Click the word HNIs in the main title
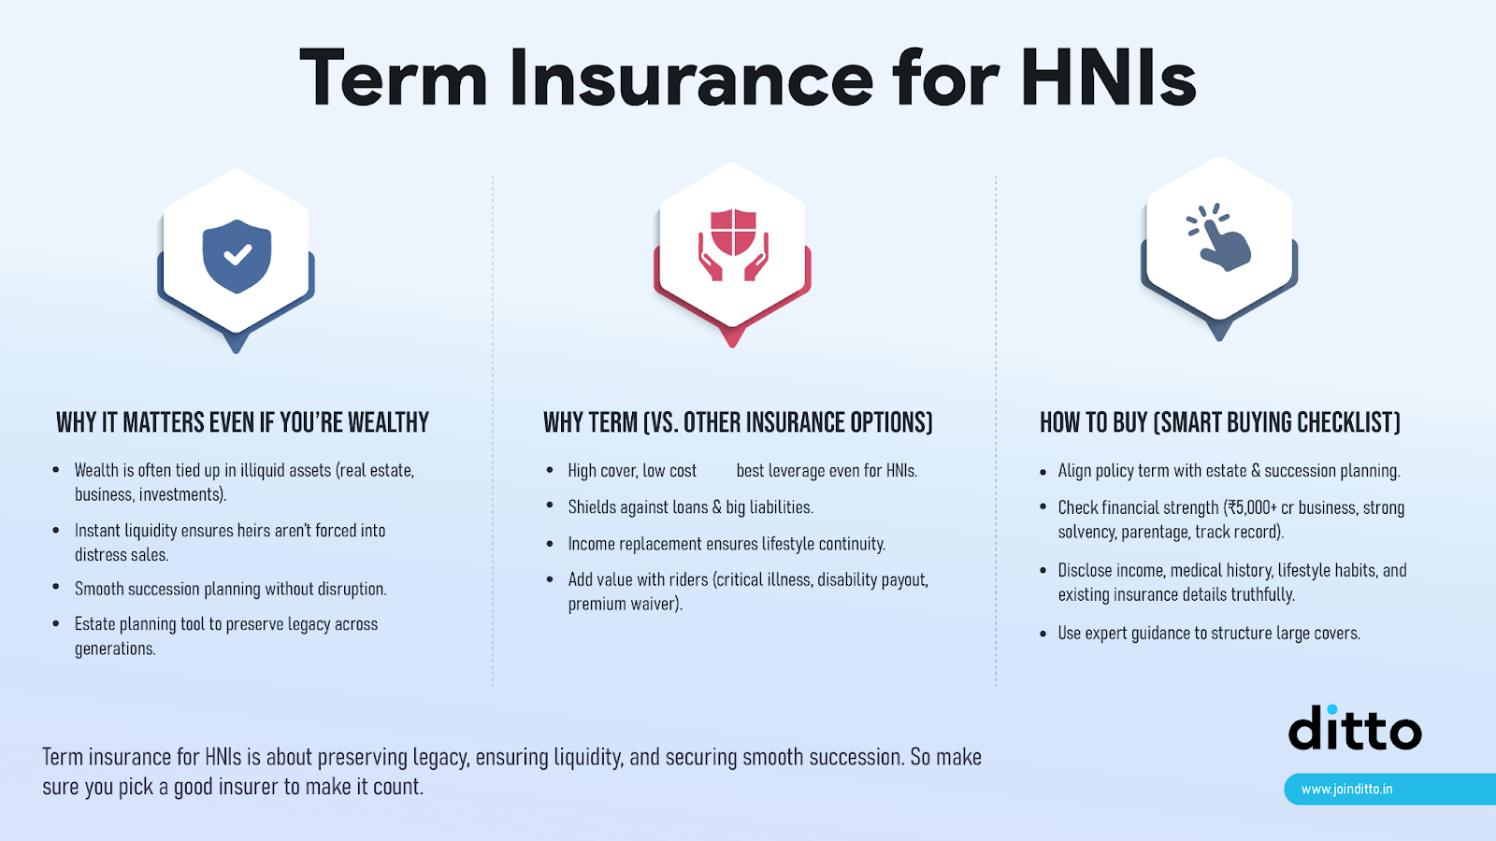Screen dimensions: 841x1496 click(1108, 78)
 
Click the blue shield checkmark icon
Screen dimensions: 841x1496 click(237, 255)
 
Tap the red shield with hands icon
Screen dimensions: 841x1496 click(733, 246)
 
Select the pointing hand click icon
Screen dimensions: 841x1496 click(1219, 238)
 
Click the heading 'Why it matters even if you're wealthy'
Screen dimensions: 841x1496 click(242, 422)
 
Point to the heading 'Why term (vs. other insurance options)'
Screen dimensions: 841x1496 click(738, 422)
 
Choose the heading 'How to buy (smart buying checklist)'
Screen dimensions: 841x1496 click(1219, 422)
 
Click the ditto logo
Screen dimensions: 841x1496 click(1355, 729)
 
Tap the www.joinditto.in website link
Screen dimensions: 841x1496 click(1346, 789)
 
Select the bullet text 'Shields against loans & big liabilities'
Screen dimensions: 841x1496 click(690, 507)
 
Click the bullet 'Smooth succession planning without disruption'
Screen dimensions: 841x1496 click(230, 589)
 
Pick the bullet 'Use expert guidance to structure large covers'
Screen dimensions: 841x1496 click(1208, 633)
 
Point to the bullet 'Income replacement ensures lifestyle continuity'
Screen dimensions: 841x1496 click(726, 544)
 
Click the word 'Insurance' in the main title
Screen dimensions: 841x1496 click(691, 78)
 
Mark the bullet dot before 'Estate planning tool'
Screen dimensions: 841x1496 click(56, 624)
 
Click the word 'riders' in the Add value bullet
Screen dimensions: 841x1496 click(688, 579)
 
